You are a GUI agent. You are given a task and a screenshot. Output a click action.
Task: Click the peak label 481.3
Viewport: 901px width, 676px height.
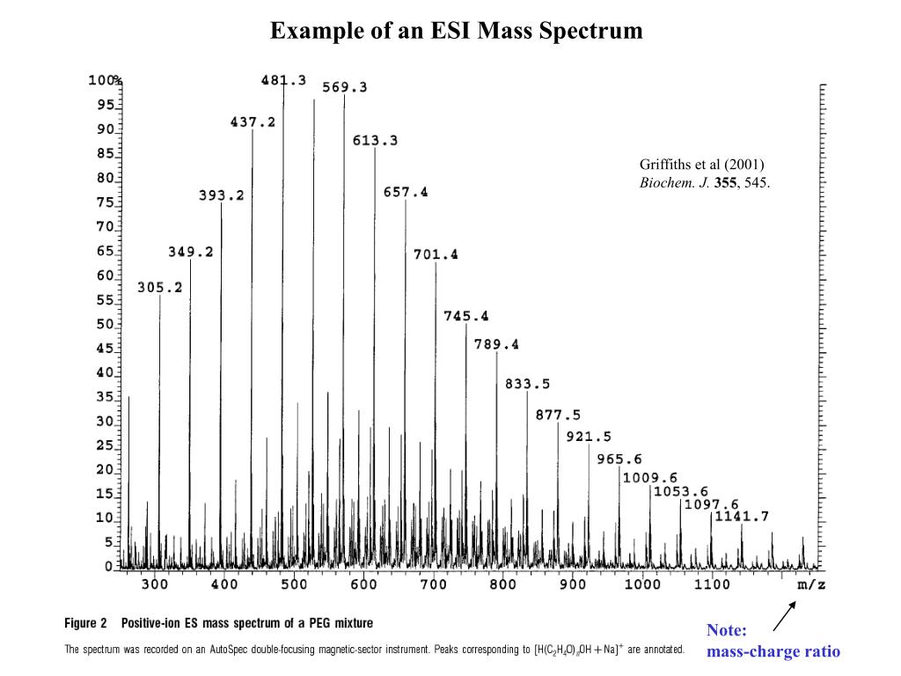click(x=283, y=80)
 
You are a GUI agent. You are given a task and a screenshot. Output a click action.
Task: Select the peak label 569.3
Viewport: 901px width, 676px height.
click(x=345, y=87)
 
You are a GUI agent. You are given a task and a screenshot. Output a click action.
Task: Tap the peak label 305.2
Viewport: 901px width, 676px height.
click(x=160, y=287)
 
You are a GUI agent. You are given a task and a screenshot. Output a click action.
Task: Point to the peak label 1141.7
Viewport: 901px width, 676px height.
click(x=742, y=516)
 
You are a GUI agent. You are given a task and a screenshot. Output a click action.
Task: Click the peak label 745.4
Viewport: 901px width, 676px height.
click(x=466, y=315)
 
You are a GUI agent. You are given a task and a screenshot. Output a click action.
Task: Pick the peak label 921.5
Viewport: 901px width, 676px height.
click(x=589, y=437)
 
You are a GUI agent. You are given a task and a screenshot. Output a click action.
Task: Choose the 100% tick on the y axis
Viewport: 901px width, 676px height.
click(x=105, y=80)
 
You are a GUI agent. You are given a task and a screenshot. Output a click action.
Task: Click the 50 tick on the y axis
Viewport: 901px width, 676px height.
click(x=105, y=325)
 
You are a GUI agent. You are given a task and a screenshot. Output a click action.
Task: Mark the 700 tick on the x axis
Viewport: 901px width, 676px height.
click(x=433, y=584)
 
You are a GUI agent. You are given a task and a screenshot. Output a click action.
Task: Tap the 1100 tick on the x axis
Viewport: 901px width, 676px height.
click(x=711, y=584)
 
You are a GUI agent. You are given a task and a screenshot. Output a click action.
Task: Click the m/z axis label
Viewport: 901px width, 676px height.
click(x=811, y=584)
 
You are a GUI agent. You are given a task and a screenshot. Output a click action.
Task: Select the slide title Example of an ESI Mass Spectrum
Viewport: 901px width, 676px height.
click(x=457, y=32)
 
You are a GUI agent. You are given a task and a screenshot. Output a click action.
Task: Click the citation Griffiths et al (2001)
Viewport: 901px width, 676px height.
click(x=701, y=165)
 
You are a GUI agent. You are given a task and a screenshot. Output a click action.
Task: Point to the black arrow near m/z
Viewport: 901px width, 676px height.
click(x=784, y=615)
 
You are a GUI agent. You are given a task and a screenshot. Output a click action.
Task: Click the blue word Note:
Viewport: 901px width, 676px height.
click(x=727, y=631)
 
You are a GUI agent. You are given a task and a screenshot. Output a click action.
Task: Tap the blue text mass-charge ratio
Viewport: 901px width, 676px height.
click(x=773, y=652)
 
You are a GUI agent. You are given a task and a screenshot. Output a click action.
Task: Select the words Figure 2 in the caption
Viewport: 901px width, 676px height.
click(x=86, y=623)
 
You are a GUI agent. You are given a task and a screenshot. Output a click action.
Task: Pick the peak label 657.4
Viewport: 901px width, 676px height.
click(x=406, y=192)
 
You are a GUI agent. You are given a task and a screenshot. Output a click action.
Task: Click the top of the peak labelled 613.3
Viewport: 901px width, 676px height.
click(x=375, y=148)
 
